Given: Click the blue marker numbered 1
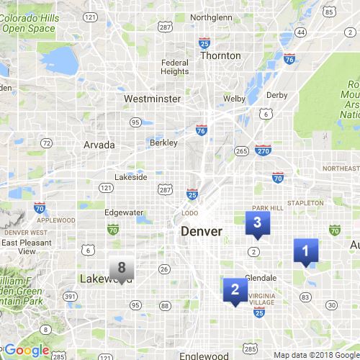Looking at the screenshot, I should pos(305,251).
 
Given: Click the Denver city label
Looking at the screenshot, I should pos(202,232).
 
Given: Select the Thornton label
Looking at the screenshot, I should pos(220,55).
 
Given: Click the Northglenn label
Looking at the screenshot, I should pos(212,17).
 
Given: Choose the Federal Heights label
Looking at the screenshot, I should pos(175,66).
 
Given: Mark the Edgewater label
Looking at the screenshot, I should pos(124,212).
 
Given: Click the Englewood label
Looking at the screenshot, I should pos(204,356).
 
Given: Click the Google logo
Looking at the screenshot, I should pos(27,351).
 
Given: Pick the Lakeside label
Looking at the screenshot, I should pos(131,177).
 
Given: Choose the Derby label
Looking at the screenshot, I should pos(277,95).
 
